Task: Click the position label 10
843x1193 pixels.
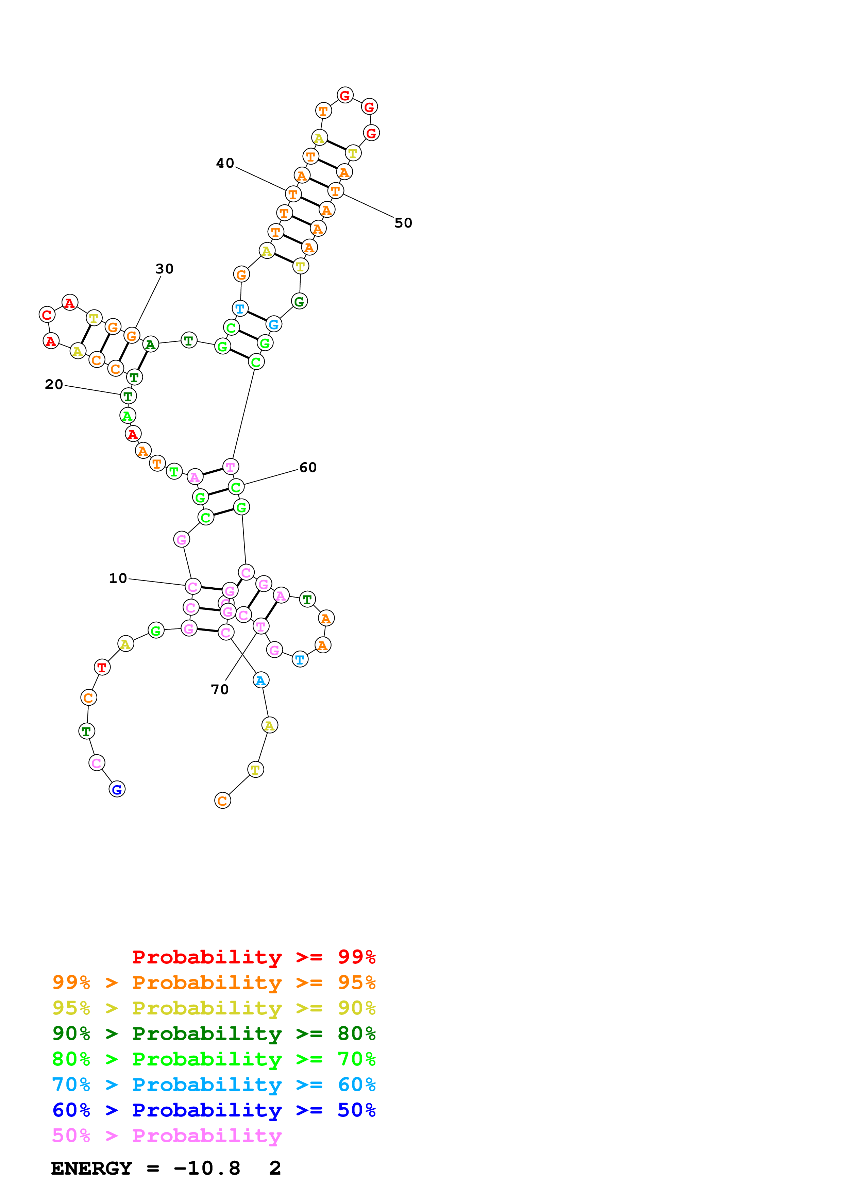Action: point(118,578)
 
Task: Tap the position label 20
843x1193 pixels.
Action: point(53,385)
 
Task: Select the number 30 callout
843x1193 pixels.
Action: point(164,269)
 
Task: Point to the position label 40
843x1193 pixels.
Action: point(225,163)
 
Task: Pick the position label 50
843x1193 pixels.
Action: point(403,223)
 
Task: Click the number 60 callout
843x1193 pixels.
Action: point(307,468)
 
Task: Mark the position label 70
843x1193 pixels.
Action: point(219,689)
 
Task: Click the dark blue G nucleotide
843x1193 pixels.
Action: point(117,789)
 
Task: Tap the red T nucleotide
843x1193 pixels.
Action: point(102,667)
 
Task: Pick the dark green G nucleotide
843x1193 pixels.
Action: point(299,301)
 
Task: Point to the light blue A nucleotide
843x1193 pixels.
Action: point(261,680)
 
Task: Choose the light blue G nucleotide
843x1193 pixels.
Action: point(274,324)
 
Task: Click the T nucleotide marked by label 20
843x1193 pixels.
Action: point(128,396)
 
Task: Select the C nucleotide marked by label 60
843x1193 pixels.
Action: point(236,487)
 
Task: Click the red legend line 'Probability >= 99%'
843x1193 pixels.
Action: point(253,957)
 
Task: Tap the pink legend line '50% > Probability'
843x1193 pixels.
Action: point(166,1136)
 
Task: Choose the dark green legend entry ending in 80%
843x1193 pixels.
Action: point(214,1034)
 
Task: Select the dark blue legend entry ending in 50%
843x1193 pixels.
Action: point(214,1110)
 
